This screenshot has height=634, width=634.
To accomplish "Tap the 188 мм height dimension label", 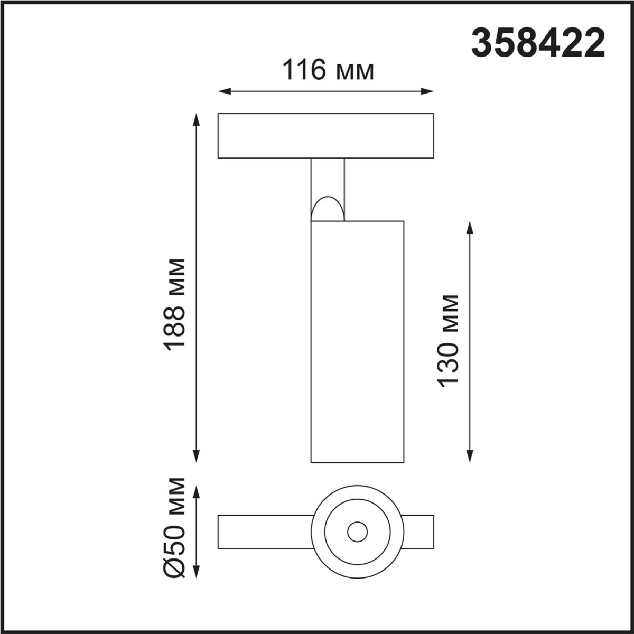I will coord(175,304).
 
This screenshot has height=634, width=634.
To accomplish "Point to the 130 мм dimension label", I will coord(448,341).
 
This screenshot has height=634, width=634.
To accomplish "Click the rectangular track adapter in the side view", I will coord(325,135).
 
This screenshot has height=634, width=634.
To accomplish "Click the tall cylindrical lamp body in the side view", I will coord(358,341).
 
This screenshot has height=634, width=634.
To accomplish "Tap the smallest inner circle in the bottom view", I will coord(358,532).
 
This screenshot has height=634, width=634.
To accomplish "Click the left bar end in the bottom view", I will coord(264,532).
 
